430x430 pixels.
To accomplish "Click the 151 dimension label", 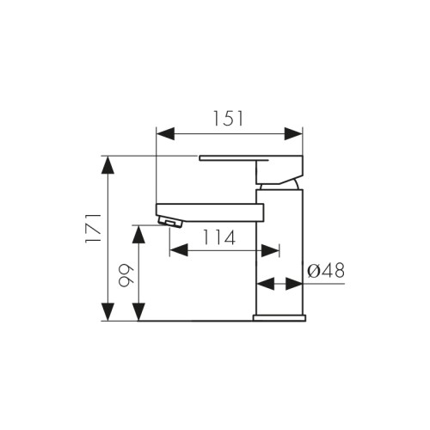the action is [x=229, y=119].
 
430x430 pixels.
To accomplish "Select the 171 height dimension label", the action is [x=94, y=228].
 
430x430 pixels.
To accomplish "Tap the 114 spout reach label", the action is [x=219, y=237].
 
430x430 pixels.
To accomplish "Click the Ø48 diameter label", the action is [x=326, y=270].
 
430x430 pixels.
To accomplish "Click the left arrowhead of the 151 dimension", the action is [x=165, y=134].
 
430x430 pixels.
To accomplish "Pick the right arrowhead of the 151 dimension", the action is [x=293, y=134].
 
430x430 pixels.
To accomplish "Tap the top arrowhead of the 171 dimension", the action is [x=107, y=165].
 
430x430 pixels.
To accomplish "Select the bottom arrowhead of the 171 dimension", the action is [x=107, y=312].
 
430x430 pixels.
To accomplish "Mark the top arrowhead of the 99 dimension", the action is [x=138, y=235].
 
